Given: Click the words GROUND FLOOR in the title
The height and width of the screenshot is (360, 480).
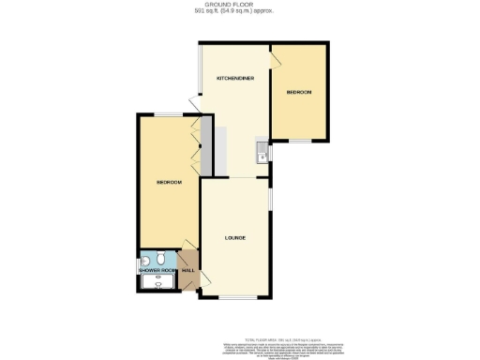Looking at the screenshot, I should click(x=239, y=5).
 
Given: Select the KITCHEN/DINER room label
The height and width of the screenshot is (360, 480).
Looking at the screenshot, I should click(x=234, y=78).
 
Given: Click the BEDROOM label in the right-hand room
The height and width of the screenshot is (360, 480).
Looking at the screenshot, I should click(x=299, y=92).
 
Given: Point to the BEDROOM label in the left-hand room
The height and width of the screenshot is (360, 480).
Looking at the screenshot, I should click(x=169, y=182).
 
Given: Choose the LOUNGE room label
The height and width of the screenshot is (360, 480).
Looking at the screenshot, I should click(x=235, y=237).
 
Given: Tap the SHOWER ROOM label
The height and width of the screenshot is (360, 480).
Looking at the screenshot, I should click(x=157, y=271).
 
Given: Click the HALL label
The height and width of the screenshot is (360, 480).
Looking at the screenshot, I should click(x=187, y=271).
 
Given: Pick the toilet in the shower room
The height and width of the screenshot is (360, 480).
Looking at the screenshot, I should click(x=163, y=260).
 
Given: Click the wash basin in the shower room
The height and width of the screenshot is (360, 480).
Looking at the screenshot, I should click(x=146, y=260).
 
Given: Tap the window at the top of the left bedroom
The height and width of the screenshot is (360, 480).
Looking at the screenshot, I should click(x=169, y=114).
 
